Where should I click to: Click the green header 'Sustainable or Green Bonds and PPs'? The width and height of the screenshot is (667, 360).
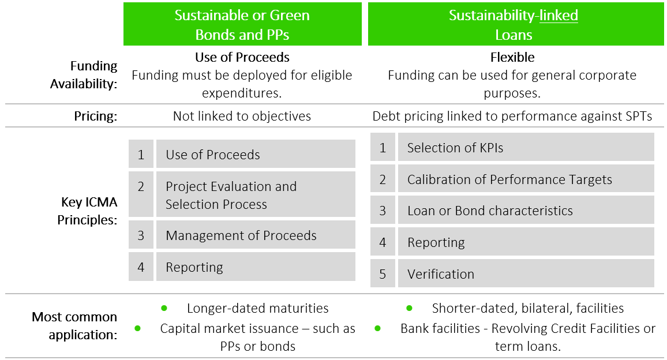click(x=242, y=24)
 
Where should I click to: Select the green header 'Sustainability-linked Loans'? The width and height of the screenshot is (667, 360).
click(x=514, y=24)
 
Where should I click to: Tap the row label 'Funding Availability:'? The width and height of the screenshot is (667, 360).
click(x=84, y=75)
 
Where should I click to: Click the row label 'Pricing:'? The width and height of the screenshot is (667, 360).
click(x=96, y=116)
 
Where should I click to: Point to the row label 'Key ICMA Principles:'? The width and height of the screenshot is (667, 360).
click(x=87, y=211)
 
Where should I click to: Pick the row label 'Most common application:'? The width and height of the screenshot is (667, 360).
click(x=74, y=325)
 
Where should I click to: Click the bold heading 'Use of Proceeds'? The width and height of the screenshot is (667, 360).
click(x=242, y=57)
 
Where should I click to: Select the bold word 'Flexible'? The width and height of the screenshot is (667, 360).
click(x=512, y=57)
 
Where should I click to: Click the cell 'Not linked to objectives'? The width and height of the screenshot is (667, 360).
click(x=242, y=116)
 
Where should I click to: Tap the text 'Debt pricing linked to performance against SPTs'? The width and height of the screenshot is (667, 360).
click(x=512, y=116)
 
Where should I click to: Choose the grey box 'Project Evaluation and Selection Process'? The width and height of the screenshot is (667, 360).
click(x=256, y=195)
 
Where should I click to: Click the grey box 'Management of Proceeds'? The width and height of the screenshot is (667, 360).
click(x=256, y=235)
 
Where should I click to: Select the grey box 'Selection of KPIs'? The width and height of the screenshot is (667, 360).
click(x=526, y=148)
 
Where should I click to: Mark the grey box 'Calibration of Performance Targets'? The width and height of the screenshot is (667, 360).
click(x=526, y=179)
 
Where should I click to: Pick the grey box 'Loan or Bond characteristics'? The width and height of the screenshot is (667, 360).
click(x=526, y=211)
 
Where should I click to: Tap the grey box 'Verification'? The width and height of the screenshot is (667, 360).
click(x=526, y=274)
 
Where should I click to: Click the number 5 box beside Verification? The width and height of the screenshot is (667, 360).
click(x=383, y=274)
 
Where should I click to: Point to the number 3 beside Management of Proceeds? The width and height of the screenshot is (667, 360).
click(x=141, y=235)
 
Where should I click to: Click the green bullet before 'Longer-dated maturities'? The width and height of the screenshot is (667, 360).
click(x=164, y=308)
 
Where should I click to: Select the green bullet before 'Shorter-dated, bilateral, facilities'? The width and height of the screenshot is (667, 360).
click(x=410, y=308)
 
